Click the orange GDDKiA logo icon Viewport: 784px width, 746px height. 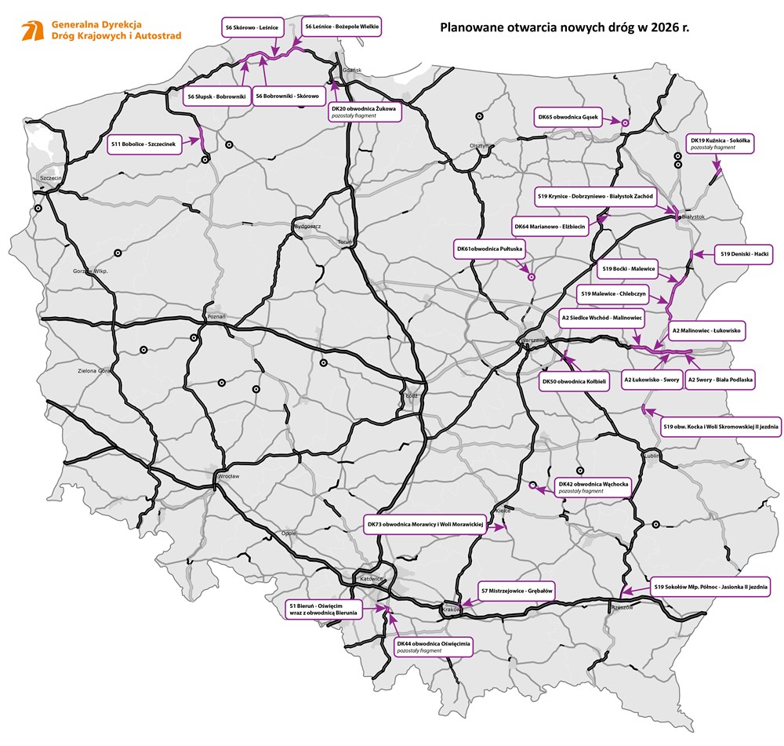tap(32, 31)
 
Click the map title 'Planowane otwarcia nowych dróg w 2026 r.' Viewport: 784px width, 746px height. tap(570, 27)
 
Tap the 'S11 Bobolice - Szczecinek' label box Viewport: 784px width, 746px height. tap(145, 144)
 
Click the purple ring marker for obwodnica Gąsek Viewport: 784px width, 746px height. tap(625, 122)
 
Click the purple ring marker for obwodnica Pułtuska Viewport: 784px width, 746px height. tap(531, 276)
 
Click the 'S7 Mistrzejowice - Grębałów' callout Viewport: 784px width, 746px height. tap(517, 590)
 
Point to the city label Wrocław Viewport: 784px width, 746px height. tap(229, 476)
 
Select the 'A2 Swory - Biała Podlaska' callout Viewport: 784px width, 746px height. tap(720, 380)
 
